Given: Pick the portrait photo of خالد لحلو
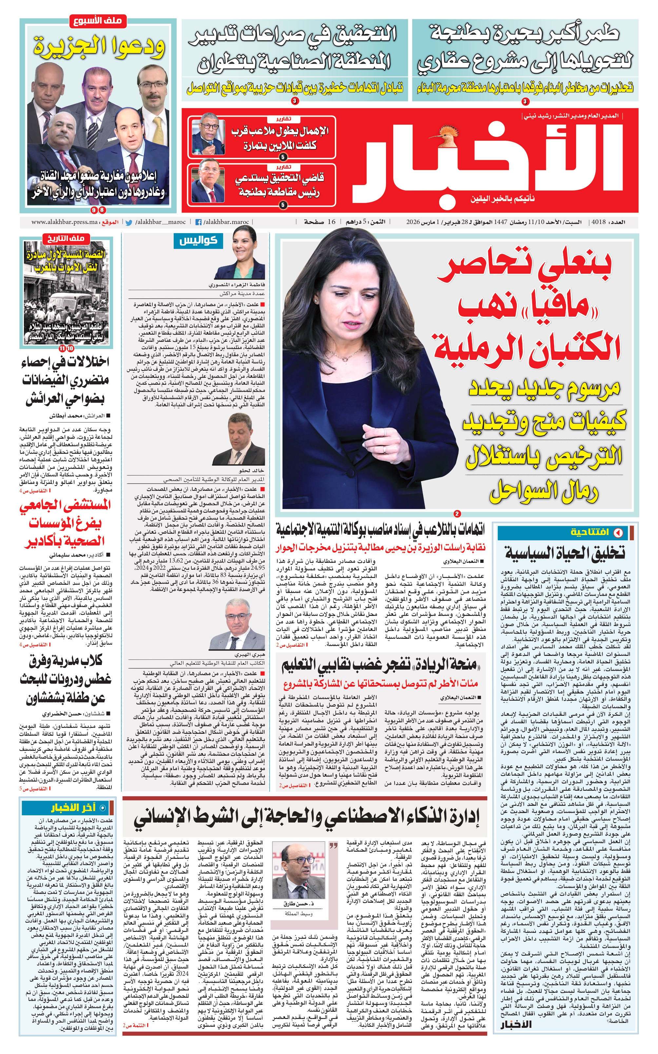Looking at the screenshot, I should [x=239, y=440].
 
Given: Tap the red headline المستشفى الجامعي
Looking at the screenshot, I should [x=65, y=505].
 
